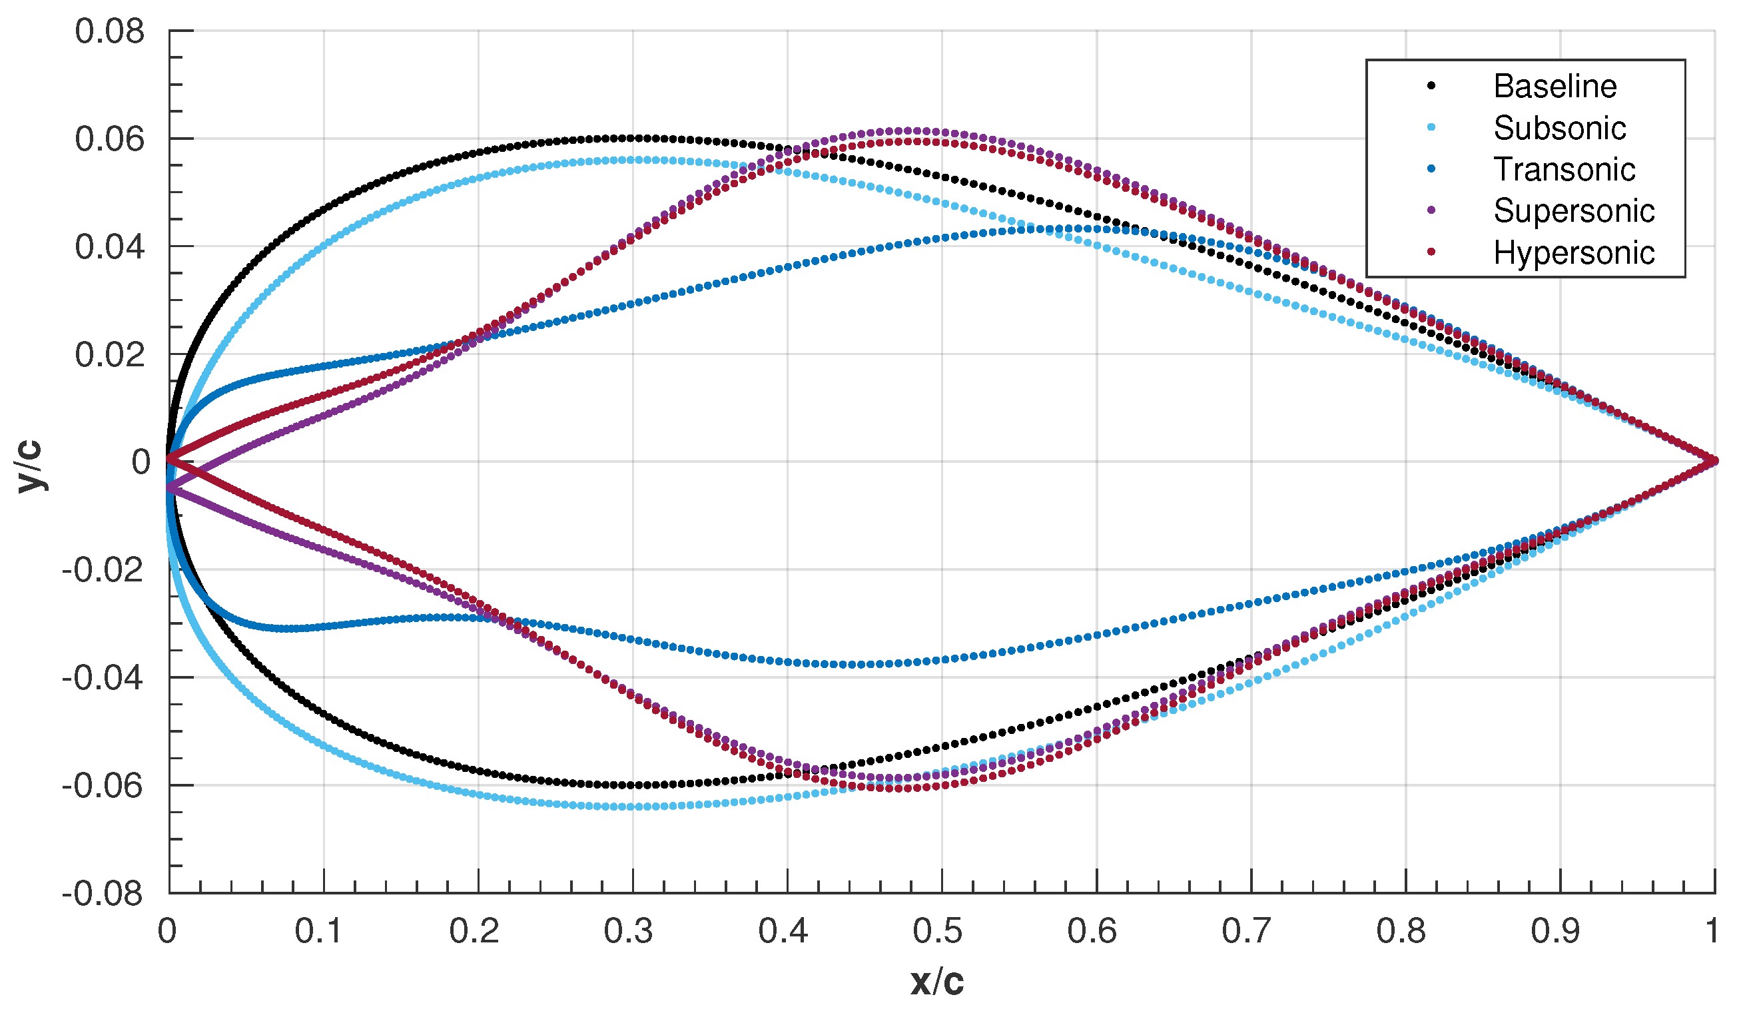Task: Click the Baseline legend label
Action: click(x=1555, y=87)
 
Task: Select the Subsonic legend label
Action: click(x=1559, y=128)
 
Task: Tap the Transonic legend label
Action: click(x=1564, y=169)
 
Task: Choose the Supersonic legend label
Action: click(x=1574, y=210)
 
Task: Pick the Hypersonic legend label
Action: click(x=1574, y=253)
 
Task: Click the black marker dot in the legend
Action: click(x=1431, y=86)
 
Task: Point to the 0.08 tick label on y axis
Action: click(x=110, y=32)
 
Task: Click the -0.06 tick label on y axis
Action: click(x=103, y=787)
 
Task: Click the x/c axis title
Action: click(x=937, y=982)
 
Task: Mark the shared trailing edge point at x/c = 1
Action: click(x=1714, y=461)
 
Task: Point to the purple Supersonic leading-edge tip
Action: click(x=169, y=488)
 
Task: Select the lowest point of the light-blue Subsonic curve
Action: click(x=632, y=807)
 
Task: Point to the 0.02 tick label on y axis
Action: click(x=110, y=355)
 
